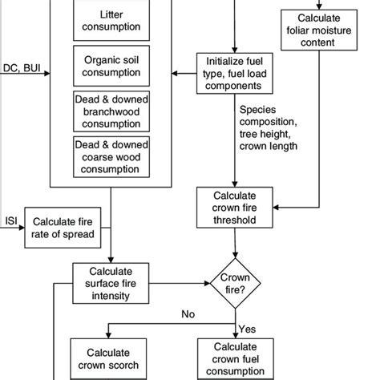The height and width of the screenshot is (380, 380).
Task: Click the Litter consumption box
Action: point(111,22)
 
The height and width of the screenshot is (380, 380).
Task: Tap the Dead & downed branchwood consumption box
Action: point(111,111)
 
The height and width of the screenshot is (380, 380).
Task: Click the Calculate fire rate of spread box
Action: point(63,228)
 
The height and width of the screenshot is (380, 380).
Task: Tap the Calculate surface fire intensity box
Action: point(111,281)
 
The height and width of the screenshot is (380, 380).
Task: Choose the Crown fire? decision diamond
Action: point(234,281)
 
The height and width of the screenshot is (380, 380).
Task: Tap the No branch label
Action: point(188,314)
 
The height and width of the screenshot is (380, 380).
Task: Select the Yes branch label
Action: point(247,329)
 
